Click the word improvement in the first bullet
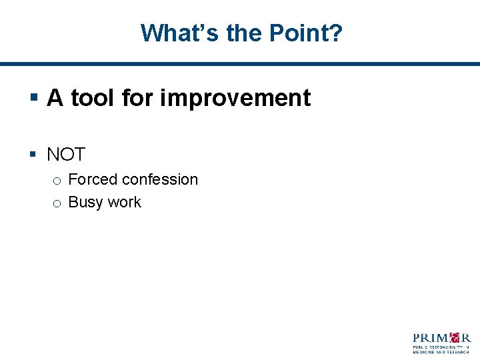(235, 98)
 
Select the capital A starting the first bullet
(55, 98)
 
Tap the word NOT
(66, 155)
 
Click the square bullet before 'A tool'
(33, 99)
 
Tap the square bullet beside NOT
(33, 155)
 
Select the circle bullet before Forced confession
(57, 181)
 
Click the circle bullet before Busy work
(57, 203)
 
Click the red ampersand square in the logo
(455, 337)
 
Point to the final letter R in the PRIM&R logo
(466, 337)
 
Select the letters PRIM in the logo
(430, 337)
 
